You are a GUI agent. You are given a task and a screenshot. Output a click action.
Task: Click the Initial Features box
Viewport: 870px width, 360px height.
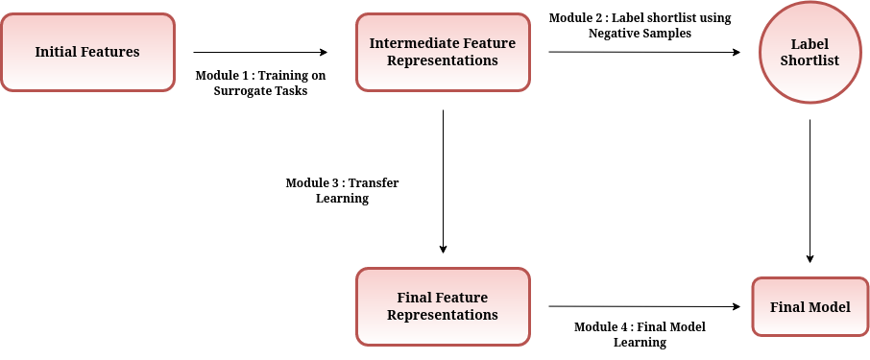click(x=87, y=52)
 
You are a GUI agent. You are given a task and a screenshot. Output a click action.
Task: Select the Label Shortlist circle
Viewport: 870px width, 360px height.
click(x=810, y=52)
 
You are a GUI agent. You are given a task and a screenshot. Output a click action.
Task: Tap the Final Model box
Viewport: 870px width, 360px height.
click(x=810, y=307)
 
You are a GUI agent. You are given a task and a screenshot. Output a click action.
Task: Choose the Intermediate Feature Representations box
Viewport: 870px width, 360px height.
click(x=443, y=52)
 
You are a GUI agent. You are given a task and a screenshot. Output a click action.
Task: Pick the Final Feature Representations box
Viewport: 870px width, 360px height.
click(x=443, y=306)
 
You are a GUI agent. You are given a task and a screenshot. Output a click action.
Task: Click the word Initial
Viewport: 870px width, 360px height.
click(x=56, y=52)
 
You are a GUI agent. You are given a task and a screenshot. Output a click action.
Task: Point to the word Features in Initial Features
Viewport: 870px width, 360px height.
click(x=109, y=52)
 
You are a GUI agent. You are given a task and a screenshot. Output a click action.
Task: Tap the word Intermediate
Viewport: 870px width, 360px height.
click(x=408, y=43)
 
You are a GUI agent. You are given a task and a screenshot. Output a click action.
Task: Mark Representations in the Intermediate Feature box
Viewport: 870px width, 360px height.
click(x=443, y=60)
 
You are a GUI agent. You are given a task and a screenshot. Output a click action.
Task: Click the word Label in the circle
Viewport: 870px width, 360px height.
click(x=810, y=44)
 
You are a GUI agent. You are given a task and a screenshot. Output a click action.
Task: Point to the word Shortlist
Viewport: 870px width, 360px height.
click(x=810, y=60)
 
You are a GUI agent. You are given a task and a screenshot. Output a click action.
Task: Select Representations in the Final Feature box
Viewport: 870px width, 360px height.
click(x=443, y=315)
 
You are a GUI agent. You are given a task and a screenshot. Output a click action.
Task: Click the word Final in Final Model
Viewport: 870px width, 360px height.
click(x=786, y=307)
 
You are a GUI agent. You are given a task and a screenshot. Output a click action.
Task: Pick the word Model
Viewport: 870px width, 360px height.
click(x=830, y=307)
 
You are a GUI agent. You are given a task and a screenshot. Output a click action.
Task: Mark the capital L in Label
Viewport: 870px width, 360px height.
click(x=795, y=44)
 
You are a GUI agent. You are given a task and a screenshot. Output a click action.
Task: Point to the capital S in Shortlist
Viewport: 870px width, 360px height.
click(x=785, y=60)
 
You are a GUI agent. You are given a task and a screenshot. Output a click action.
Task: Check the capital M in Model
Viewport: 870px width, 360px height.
click(x=815, y=307)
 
